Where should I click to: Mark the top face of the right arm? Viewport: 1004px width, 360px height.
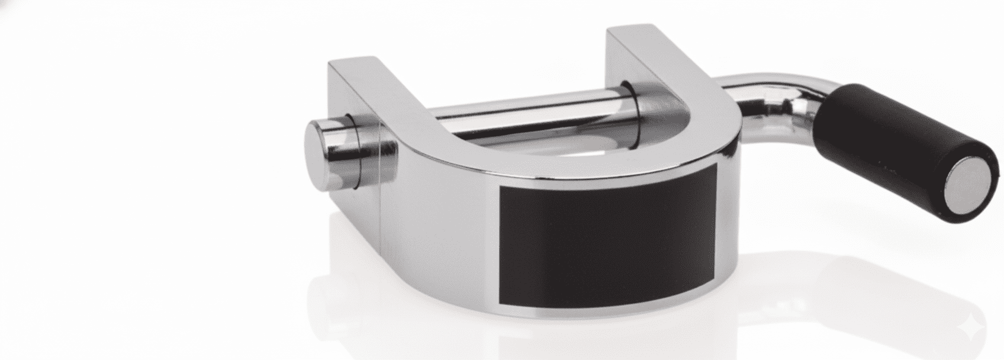(645, 44)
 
